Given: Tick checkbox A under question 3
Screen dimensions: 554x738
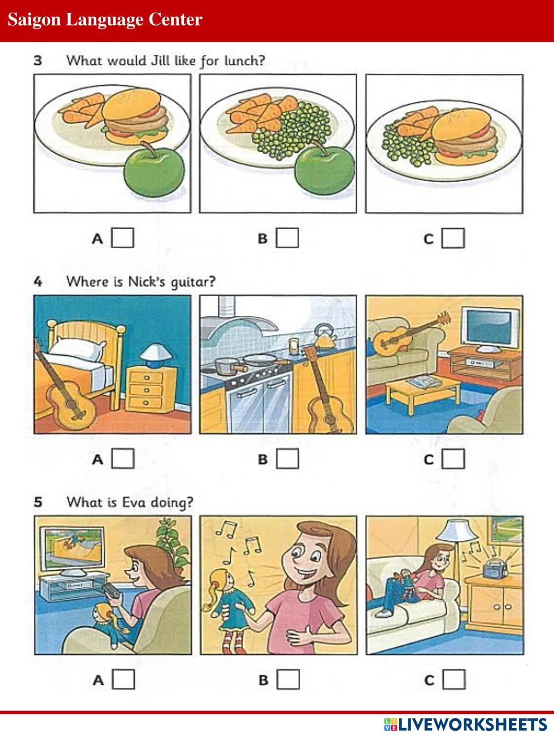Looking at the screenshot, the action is [x=122, y=238].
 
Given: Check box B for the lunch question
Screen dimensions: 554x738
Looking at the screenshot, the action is [x=288, y=238].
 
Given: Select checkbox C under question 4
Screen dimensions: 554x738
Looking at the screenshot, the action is [x=453, y=458].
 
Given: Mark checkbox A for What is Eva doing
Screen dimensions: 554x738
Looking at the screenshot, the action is [x=124, y=679].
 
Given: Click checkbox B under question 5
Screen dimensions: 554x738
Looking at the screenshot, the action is [x=288, y=679].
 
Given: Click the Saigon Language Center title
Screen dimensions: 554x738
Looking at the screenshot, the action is [x=105, y=19].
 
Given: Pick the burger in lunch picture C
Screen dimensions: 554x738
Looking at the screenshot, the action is [x=465, y=135].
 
